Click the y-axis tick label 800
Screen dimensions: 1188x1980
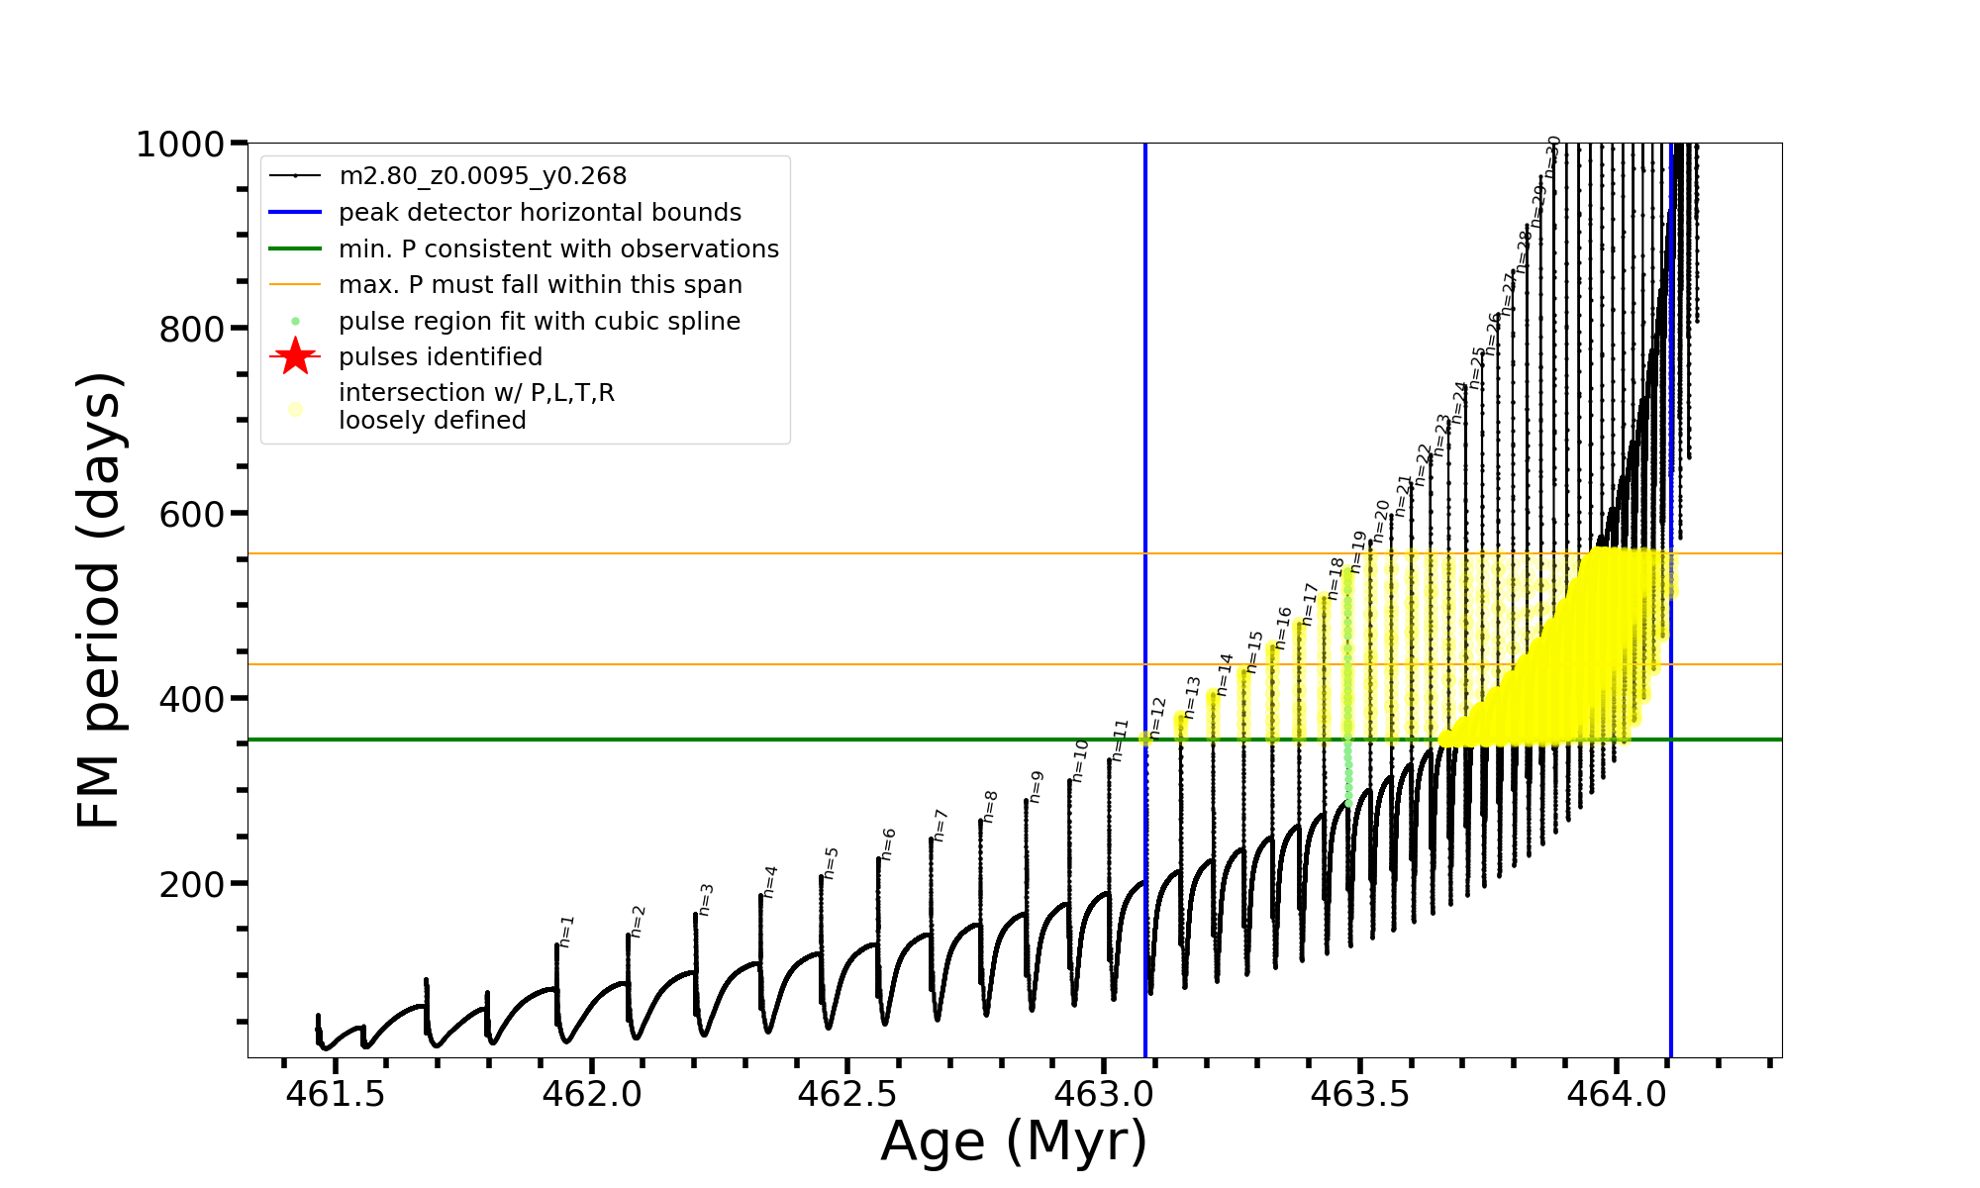(x=191, y=329)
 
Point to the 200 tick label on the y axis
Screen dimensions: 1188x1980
(x=191, y=884)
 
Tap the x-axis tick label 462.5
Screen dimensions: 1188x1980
(x=847, y=1094)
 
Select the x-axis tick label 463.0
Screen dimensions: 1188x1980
(x=1104, y=1094)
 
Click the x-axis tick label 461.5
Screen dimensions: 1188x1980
(x=336, y=1094)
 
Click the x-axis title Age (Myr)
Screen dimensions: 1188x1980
(x=1014, y=1141)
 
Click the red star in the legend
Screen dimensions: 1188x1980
(x=295, y=356)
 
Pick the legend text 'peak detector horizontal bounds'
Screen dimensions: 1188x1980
(x=540, y=212)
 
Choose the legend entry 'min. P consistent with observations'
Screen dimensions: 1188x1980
(x=558, y=248)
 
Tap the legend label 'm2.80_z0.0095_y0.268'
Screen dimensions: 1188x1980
(x=482, y=176)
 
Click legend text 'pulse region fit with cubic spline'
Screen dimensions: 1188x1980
(x=539, y=321)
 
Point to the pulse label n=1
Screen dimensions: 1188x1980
(x=566, y=931)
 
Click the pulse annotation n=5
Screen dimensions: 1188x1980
(x=831, y=863)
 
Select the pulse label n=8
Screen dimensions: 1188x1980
(x=990, y=807)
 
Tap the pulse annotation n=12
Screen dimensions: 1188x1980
(x=1157, y=717)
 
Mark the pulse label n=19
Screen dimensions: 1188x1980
(x=1358, y=551)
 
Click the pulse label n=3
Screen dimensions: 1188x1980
(x=705, y=900)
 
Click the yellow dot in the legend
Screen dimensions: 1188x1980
(x=295, y=408)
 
